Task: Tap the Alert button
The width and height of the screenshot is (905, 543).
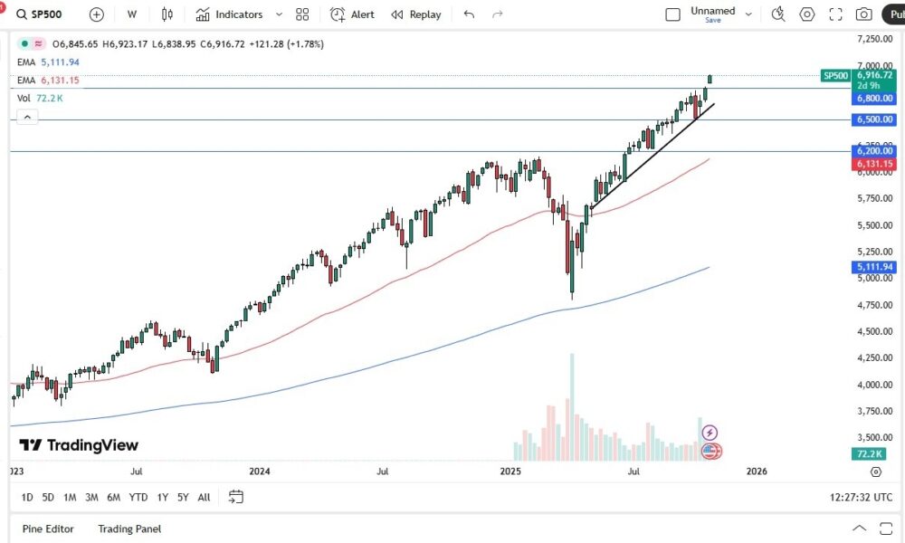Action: coord(353,14)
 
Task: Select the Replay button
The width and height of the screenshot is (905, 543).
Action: coord(416,14)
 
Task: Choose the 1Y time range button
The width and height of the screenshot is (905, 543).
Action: coord(163,497)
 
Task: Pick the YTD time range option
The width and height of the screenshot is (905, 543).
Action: coord(138,497)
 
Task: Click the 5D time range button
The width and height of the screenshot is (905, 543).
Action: coord(48,497)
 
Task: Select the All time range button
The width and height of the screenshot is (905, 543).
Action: coord(204,497)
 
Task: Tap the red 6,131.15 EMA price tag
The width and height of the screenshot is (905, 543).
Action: coord(873,164)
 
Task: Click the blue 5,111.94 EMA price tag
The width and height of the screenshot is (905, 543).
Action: coord(873,267)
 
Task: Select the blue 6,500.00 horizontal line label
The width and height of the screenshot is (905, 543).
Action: coord(873,119)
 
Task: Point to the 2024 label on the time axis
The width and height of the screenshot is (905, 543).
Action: coord(260,472)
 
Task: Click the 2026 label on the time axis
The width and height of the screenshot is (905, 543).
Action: coord(757,472)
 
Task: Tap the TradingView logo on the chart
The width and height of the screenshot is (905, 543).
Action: coord(79,445)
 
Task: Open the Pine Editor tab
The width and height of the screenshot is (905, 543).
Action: coord(49,529)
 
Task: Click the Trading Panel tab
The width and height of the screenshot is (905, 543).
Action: coord(129,529)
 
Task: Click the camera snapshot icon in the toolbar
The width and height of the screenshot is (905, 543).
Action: coord(864,14)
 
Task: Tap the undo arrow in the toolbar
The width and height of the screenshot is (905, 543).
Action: coord(468,14)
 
